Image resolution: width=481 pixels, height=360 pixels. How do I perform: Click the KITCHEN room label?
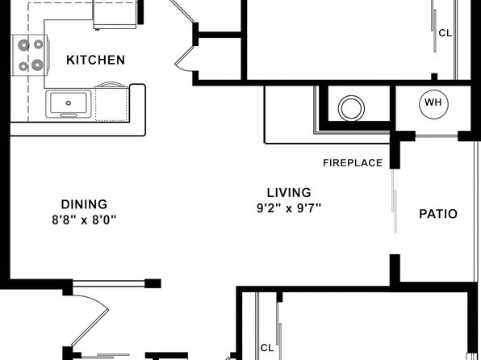tap(96, 60)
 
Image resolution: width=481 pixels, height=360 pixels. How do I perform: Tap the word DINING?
tap(85, 204)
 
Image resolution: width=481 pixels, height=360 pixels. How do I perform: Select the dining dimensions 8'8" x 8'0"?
tap(85, 220)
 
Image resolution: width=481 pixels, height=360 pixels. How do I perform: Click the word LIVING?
tap(289, 193)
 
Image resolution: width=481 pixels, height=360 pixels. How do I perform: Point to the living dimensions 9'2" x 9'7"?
tap(289, 208)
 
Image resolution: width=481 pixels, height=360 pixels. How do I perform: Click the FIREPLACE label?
tap(353, 163)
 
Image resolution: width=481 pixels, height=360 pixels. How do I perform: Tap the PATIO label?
tap(438, 214)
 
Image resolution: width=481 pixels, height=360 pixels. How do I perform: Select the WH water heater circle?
tap(433, 103)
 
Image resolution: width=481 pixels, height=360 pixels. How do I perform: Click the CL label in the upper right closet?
tap(445, 33)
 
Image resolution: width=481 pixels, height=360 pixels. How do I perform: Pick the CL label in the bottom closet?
tap(267, 348)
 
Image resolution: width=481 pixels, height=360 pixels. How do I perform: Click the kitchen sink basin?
tap(69, 103)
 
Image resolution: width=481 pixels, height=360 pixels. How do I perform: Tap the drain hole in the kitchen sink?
tap(69, 103)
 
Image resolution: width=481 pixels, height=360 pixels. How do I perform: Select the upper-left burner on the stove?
tap(23, 45)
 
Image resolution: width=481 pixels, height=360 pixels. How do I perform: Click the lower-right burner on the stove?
tap(37, 65)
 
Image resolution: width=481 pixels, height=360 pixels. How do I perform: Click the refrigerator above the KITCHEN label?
tap(115, 15)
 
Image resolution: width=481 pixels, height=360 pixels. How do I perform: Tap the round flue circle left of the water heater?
tap(352, 108)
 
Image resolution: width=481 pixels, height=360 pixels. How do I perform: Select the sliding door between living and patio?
tap(395, 201)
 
